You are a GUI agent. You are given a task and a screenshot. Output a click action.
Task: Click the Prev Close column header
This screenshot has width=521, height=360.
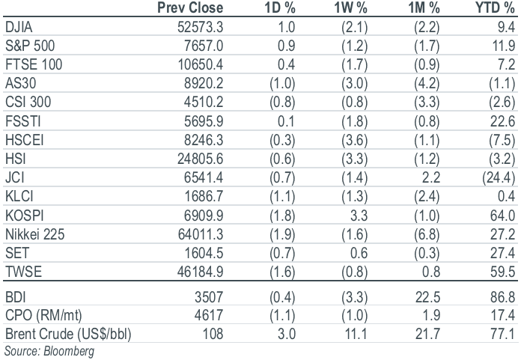click(190, 7)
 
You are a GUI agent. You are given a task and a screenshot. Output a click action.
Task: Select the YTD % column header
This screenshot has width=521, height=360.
click(495, 7)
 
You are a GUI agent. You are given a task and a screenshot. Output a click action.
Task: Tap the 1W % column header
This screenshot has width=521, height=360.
click(350, 7)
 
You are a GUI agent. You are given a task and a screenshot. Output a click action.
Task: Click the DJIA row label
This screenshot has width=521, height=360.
click(19, 27)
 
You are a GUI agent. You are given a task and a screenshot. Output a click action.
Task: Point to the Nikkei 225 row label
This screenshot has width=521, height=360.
click(35, 234)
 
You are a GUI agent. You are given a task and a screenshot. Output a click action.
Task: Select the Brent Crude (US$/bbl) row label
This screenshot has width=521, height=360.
click(68, 334)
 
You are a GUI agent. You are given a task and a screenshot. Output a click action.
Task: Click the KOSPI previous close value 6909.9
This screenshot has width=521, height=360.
click(204, 216)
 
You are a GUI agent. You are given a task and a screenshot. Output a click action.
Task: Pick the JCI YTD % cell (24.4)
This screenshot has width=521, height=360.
click(499, 177)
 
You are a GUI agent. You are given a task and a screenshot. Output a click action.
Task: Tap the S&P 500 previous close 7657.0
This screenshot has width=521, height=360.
click(204, 46)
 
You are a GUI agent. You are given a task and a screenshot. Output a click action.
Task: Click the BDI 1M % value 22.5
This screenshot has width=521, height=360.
click(427, 297)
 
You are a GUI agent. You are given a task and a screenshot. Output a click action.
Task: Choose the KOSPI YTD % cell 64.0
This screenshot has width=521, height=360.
click(503, 216)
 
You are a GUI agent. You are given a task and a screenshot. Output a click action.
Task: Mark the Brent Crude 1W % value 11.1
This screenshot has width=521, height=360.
click(356, 334)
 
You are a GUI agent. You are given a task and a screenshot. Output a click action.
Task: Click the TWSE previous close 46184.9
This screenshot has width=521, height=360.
click(200, 272)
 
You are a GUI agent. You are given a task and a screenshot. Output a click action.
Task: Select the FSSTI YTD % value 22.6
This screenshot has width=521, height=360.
click(503, 121)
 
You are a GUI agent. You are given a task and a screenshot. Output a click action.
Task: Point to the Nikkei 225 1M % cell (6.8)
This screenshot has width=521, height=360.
click(427, 235)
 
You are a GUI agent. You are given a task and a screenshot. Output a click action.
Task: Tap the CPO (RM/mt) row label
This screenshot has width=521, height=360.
click(43, 316)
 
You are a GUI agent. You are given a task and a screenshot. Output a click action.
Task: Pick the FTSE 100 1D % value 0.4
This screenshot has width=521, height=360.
click(287, 64)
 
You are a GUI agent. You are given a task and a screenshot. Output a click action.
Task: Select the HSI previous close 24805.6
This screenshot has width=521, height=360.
click(200, 159)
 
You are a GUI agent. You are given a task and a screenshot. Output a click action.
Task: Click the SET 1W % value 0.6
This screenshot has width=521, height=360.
click(359, 254)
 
